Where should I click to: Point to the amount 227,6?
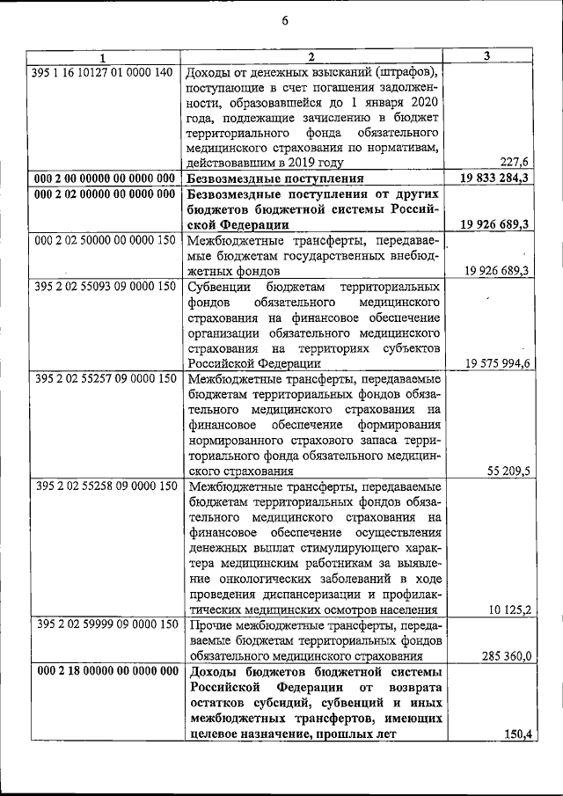[x=513, y=162]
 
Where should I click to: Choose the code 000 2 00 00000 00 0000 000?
[x=105, y=178]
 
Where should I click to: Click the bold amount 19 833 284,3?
[x=494, y=178]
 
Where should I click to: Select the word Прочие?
[x=211, y=624]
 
